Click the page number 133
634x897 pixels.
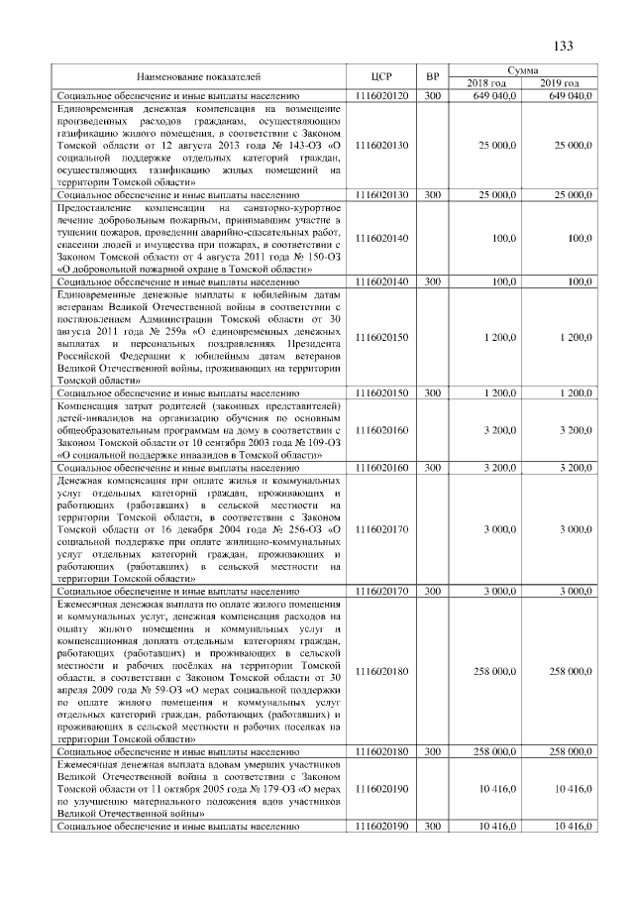564,47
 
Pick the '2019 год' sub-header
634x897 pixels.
561,82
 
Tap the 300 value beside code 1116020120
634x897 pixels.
432,94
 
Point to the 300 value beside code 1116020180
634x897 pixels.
432,752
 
